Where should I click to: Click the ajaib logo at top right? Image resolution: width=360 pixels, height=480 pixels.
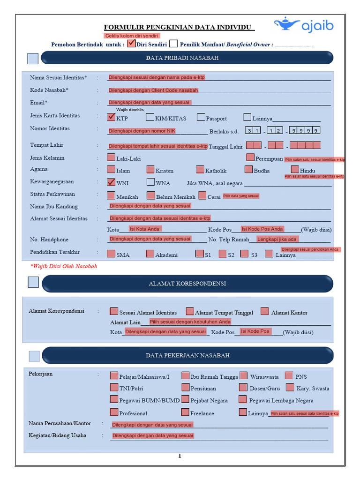pos(303,25)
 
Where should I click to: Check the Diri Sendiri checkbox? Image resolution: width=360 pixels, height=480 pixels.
pos(131,44)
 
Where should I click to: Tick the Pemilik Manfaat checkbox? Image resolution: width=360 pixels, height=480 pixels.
pos(173,44)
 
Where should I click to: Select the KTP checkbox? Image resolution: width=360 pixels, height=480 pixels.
pos(111,117)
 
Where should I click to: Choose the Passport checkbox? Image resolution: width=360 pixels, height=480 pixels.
pos(201,117)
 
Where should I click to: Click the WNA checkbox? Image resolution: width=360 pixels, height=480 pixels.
pos(150,182)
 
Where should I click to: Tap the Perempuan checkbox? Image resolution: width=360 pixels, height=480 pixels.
pos(250,157)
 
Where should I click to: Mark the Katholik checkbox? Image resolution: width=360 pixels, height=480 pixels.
pos(200,170)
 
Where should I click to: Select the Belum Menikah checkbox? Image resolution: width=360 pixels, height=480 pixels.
pos(151,196)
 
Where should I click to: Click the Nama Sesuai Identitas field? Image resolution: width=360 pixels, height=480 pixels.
pos(218,77)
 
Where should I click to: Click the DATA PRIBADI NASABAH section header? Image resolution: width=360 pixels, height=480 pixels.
pos(187,58)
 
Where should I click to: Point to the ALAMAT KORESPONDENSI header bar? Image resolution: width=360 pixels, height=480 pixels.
pos(187,284)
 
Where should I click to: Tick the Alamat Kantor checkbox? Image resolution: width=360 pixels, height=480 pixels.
pos(265,311)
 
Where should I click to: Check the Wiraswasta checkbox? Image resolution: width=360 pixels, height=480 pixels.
pos(243,375)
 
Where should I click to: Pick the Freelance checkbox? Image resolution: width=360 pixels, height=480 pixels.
pos(185,412)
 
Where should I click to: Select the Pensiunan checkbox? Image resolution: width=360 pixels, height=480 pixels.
pos(186,387)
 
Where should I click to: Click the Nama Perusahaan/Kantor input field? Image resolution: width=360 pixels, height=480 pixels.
pos(219,425)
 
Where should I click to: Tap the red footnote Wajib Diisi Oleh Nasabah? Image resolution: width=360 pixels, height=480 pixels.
pos(64,266)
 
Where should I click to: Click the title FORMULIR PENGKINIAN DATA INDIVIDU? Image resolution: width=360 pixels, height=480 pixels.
pos(179,28)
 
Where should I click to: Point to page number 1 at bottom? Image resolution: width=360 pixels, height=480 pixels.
pos(179,456)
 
